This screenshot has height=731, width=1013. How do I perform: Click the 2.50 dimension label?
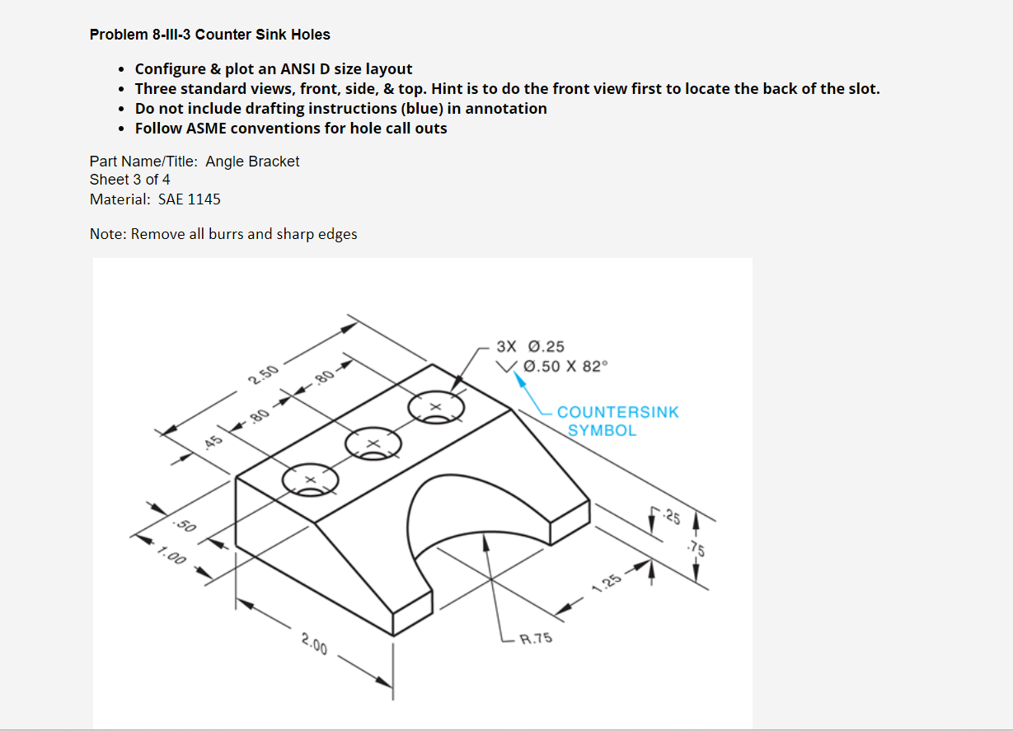263,377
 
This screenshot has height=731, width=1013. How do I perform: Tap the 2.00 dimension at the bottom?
314,644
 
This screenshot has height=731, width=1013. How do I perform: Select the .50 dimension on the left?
184,525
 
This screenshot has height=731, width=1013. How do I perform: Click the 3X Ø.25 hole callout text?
531,347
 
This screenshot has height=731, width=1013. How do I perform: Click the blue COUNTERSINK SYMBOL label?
617,420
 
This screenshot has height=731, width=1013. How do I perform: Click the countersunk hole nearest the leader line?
436,408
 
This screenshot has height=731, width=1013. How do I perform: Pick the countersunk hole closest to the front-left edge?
310,480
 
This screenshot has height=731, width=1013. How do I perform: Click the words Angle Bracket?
252,162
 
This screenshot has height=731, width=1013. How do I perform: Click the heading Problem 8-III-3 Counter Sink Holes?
210,35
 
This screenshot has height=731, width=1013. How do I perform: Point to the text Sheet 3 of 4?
130,180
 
